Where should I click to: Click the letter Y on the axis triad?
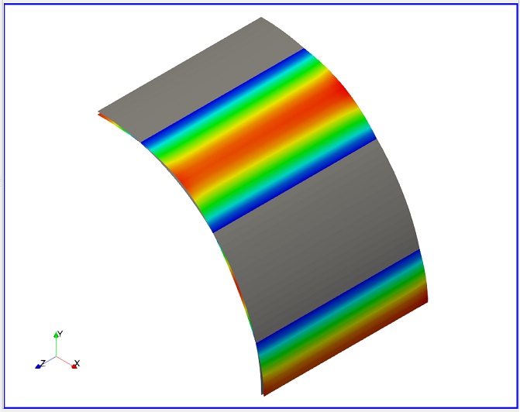click(x=60, y=334)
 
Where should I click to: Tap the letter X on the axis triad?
click(x=77, y=363)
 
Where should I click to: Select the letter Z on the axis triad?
click(x=43, y=363)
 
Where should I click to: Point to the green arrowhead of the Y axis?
click(x=56, y=335)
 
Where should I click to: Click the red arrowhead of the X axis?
click(x=74, y=366)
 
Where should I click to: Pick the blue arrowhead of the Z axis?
click(x=38, y=366)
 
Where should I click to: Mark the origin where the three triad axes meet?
click(x=56, y=357)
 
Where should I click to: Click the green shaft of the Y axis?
click(x=56, y=347)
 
